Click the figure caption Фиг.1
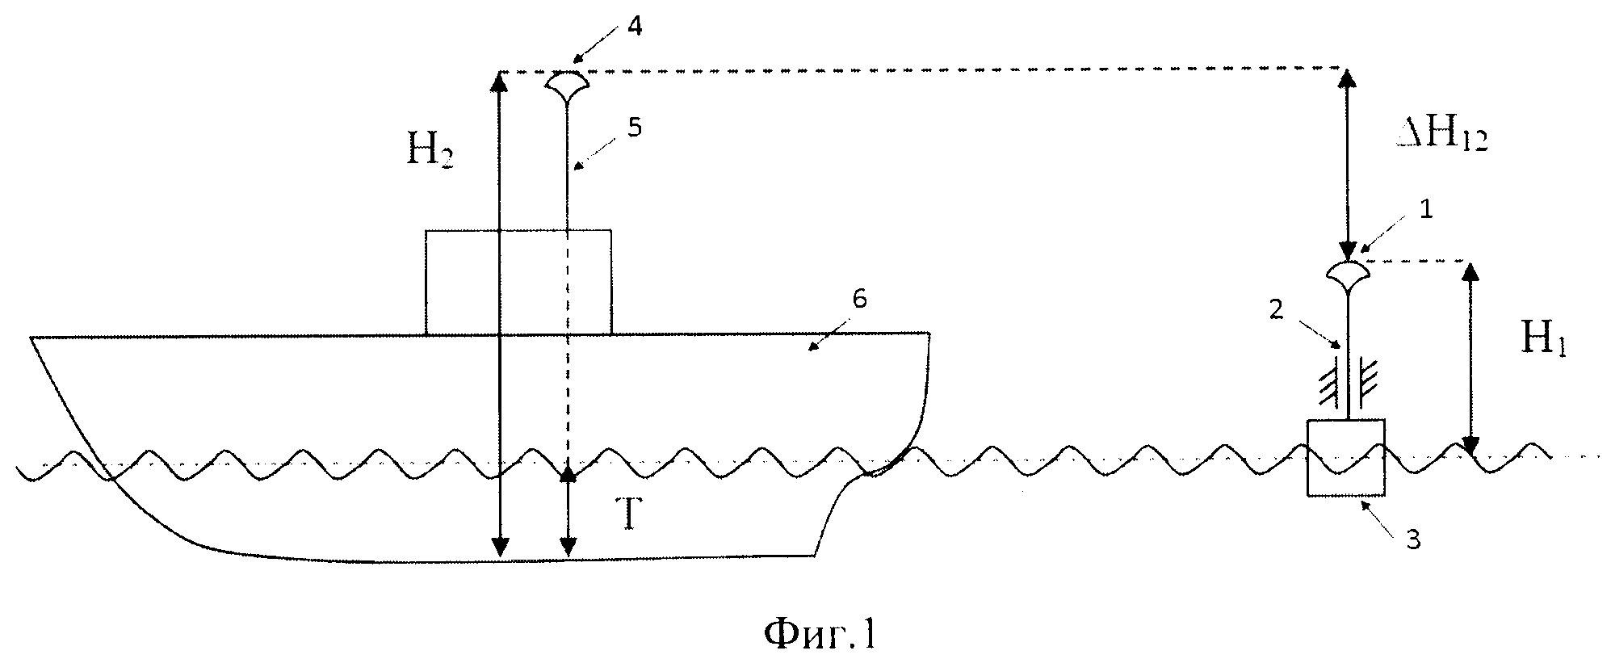[x=820, y=634]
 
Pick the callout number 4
[x=635, y=27]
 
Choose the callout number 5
[x=636, y=127]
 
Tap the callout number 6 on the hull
[x=859, y=299]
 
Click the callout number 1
[x=1425, y=210]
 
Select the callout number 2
[x=1276, y=311]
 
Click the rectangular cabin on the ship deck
[x=518, y=282]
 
